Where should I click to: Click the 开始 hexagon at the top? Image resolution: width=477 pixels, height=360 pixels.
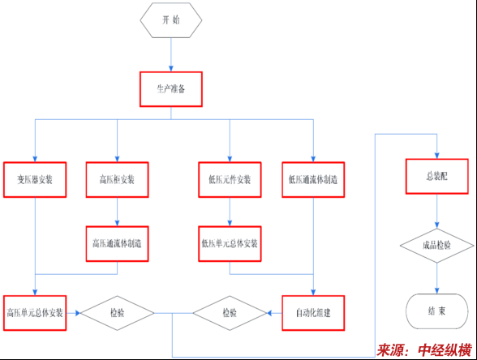point(171,20)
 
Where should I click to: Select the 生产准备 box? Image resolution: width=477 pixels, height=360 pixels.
point(171,89)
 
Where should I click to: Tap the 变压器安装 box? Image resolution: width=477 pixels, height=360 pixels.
point(35,180)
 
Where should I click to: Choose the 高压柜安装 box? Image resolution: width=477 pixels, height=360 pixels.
point(117,180)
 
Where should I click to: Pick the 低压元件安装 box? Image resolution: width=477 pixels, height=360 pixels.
point(230,180)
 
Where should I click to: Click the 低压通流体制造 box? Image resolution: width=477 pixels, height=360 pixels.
point(313,180)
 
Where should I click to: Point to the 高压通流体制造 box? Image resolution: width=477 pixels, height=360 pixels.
point(117,243)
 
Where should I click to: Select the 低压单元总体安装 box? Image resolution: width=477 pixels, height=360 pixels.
point(230,243)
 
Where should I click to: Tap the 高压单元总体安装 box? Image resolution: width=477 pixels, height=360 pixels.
point(35,313)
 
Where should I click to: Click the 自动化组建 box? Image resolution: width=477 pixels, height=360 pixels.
point(313,313)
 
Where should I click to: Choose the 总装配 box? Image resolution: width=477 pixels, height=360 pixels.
point(436,177)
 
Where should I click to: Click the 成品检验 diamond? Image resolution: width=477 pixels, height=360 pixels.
point(436,246)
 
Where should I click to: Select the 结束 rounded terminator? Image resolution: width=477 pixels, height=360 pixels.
point(436,311)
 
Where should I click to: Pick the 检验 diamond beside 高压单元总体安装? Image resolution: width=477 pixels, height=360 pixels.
point(117,313)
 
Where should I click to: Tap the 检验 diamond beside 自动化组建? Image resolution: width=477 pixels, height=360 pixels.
point(230,313)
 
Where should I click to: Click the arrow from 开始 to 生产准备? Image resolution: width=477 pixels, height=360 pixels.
point(171,55)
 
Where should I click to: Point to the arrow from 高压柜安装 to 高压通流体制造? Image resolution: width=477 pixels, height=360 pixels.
point(117,212)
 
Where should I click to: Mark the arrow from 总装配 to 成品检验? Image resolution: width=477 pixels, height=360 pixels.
point(436,212)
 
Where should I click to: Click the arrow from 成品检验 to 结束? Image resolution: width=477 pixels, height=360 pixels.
point(436,278)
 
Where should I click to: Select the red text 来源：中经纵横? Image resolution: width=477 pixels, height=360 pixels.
point(424,350)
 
